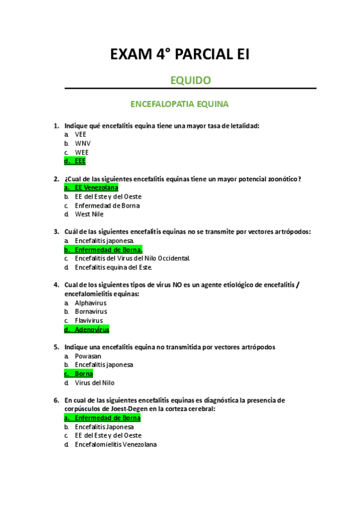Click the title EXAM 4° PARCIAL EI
tap(180, 55)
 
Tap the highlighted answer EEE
tap(80, 161)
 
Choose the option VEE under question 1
tap(80, 134)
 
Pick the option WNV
tap(82, 143)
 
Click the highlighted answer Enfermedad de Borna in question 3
tap(109, 249)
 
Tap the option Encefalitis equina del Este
tap(113, 267)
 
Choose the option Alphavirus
tap(91, 303)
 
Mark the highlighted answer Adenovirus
tap(92, 329)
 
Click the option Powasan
tap(88, 355)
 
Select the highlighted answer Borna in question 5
tap(83, 373)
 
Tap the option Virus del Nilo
tap(94, 382)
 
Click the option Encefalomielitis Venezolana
tap(116, 444)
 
